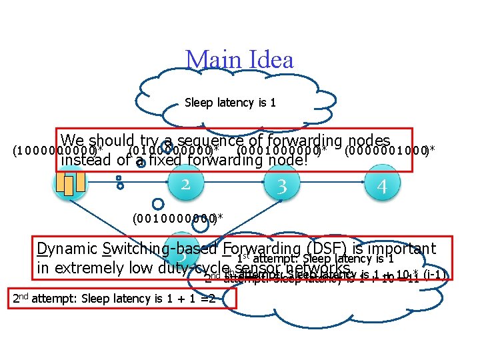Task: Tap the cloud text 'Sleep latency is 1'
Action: pyautogui.click(x=230, y=103)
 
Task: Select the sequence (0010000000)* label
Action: pyautogui.click(x=177, y=219)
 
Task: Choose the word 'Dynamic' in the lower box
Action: pyautogui.click(x=67, y=249)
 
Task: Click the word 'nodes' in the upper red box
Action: pyautogui.click(x=369, y=141)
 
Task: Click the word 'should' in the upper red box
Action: pyautogui.click(x=112, y=141)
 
